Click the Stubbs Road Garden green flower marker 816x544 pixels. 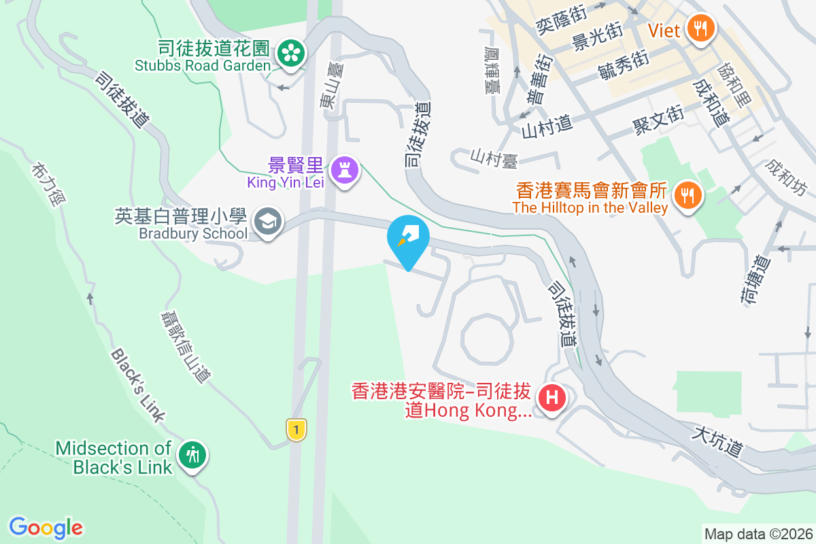point(291,52)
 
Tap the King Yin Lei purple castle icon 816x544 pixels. point(344,169)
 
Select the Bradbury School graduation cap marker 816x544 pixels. point(268,221)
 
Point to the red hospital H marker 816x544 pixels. point(551,397)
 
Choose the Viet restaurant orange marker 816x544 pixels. point(700,28)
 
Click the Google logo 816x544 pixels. point(46,527)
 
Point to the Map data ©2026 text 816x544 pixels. point(758,534)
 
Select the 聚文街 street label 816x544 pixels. point(658,122)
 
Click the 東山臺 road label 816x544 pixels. point(328,91)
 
